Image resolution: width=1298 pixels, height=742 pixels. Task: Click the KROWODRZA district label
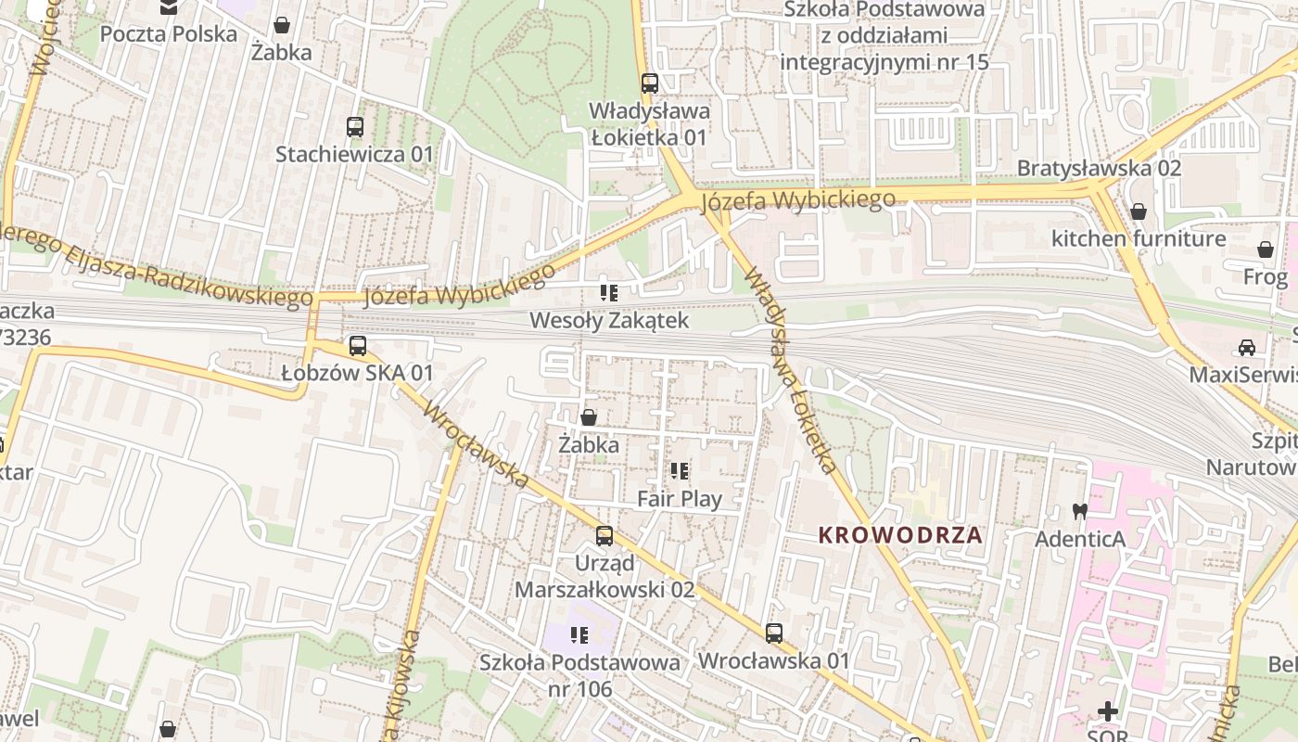[899, 535]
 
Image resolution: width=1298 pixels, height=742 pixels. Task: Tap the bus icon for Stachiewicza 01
[354, 127]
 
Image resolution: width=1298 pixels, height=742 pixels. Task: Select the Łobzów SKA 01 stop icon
[357, 346]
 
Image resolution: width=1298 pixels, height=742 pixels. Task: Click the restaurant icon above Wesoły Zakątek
[608, 293]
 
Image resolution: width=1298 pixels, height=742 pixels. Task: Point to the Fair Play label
[680, 499]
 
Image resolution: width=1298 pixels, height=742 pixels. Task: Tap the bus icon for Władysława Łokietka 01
[649, 83]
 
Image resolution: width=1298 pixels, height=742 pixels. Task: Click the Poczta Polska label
[169, 34]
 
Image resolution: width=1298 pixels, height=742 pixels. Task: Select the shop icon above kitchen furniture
[1138, 211]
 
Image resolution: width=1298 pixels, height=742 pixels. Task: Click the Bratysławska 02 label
[1099, 168]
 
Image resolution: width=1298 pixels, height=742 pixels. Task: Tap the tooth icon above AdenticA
[1079, 511]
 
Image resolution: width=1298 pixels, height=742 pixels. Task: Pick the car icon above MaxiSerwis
[1246, 348]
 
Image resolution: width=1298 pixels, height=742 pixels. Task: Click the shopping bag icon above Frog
[1265, 249]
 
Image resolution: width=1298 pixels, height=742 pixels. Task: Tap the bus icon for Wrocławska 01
[773, 633]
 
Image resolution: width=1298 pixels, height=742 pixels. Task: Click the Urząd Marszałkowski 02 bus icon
[604, 535]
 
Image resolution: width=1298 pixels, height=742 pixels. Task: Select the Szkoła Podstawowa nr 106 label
[579, 675]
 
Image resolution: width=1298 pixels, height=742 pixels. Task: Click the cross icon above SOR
[1108, 712]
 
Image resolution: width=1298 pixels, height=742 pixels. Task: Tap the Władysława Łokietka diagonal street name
[793, 371]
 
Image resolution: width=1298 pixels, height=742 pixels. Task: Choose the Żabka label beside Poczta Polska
[281, 53]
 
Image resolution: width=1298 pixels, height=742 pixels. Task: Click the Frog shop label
[1266, 277]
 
